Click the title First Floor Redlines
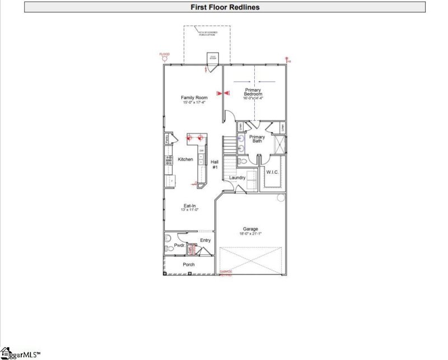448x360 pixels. point(225,7)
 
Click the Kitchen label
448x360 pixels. point(185,160)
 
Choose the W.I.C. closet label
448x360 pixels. point(273,172)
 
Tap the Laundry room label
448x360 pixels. point(237,177)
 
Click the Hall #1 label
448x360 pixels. point(214,165)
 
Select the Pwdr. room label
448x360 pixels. point(179,245)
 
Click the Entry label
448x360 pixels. point(206,240)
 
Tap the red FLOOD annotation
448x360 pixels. point(164,54)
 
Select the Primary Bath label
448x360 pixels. point(257,139)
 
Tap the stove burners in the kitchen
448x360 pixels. point(167,160)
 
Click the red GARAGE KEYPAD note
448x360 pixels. point(225,274)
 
